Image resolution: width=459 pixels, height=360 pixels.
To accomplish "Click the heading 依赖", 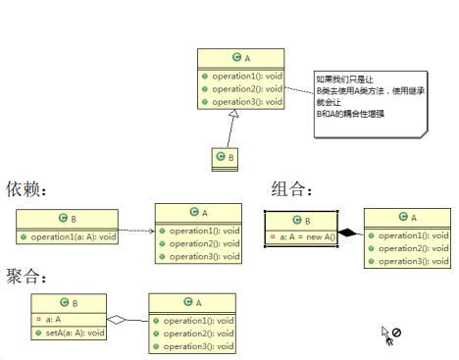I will [26, 188].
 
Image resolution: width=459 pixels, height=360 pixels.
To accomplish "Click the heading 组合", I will [292, 188].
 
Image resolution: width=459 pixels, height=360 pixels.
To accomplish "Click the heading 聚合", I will [26, 276].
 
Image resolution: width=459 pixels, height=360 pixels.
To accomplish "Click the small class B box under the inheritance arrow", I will [226, 156].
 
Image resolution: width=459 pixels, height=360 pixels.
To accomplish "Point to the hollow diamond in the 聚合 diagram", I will [118, 319].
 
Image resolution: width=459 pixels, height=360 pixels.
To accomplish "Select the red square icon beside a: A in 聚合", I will [37, 319].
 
